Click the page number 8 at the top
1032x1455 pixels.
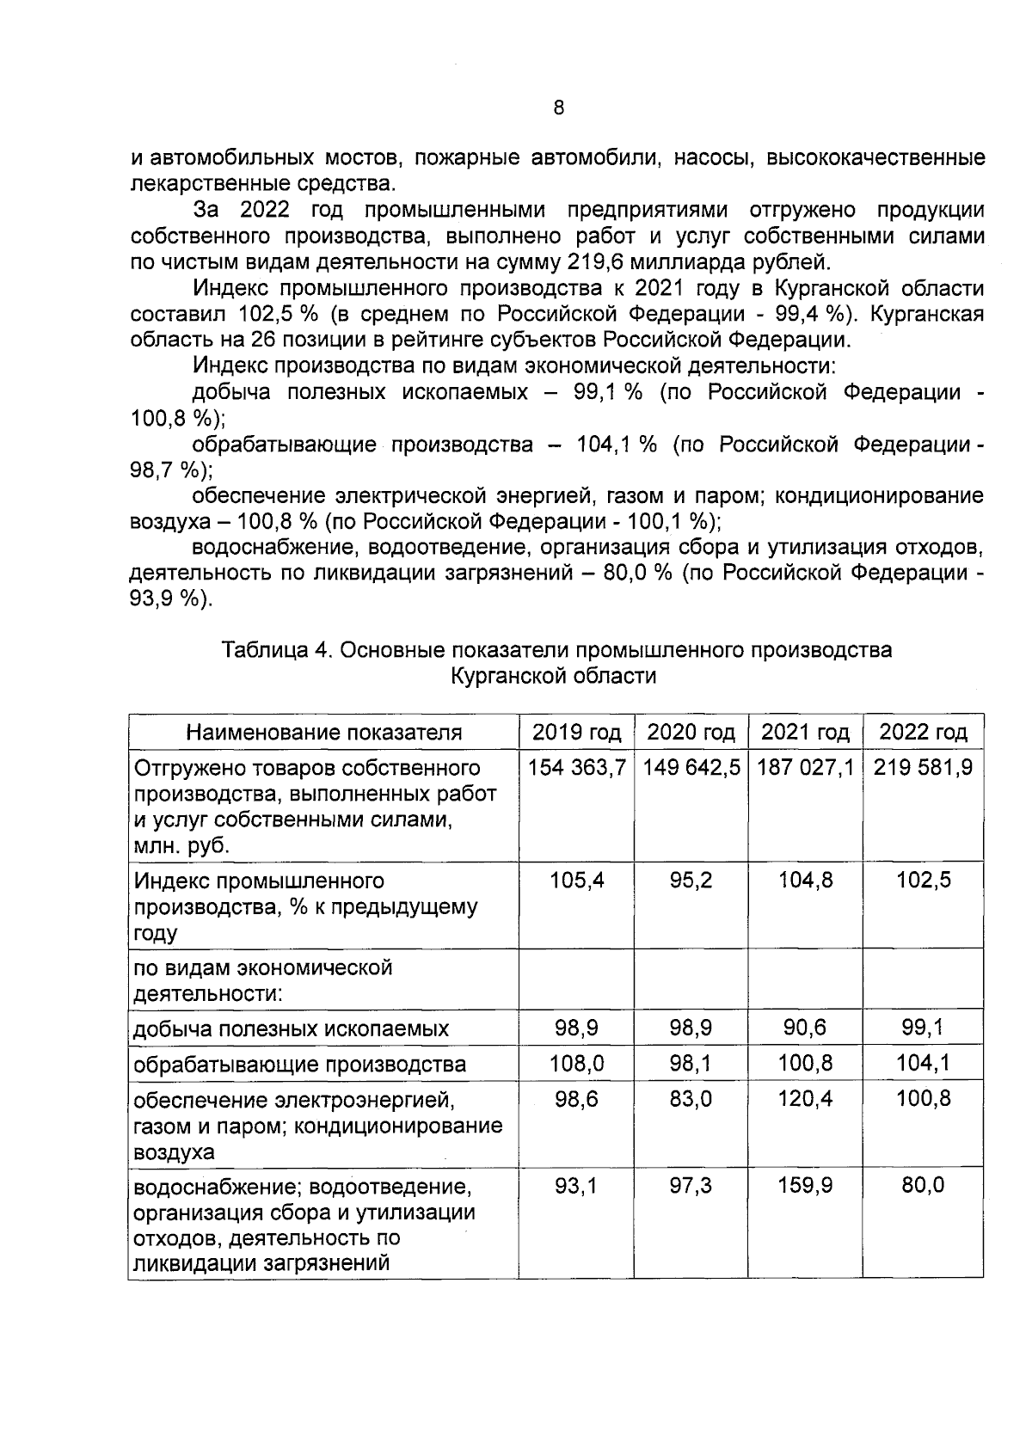pyautogui.click(x=559, y=107)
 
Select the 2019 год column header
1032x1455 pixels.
pyautogui.click(x=576, y=732)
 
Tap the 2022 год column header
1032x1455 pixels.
pyautogui.click(x=922, y=732)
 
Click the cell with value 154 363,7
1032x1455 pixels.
pyautogui.click(x=576, y=767)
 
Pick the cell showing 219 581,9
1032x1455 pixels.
pyautogui.click(x=922, y=767)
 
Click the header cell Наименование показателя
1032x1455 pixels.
pyautogui.click(x=323, y=732)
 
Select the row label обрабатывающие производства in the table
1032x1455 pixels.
pyautogui.click(x=299, y=1065)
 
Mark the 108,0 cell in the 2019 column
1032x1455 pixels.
pyautogui.click(x=576, y=1063)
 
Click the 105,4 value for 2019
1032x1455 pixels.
pyautogui.click(x=576, y=881)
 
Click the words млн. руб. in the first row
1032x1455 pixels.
pyautogui.click(x=181, y=845)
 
